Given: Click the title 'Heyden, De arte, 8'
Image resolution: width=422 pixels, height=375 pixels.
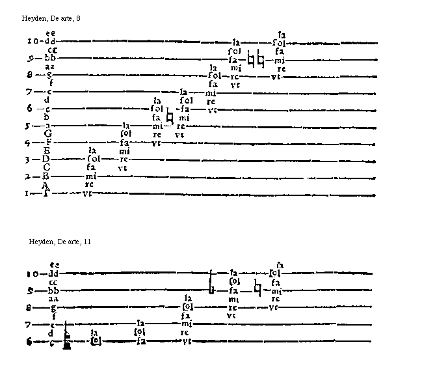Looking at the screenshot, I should (x=51, y=18).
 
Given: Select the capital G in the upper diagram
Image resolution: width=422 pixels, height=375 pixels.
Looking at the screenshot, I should (x=48, y=133).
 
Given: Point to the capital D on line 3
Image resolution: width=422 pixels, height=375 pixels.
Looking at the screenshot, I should (x=47, y=159).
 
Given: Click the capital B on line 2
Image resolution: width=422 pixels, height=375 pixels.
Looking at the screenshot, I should (x=47, y=176).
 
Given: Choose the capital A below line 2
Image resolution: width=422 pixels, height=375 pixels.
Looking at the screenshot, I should (x=46, y=185).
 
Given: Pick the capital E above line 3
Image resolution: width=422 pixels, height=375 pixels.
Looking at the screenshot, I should (x=47, y=150).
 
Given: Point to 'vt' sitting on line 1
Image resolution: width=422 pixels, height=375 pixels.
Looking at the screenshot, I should (x=88, y=193).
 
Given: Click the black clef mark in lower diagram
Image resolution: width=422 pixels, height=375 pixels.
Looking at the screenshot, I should (x=66, y=339).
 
